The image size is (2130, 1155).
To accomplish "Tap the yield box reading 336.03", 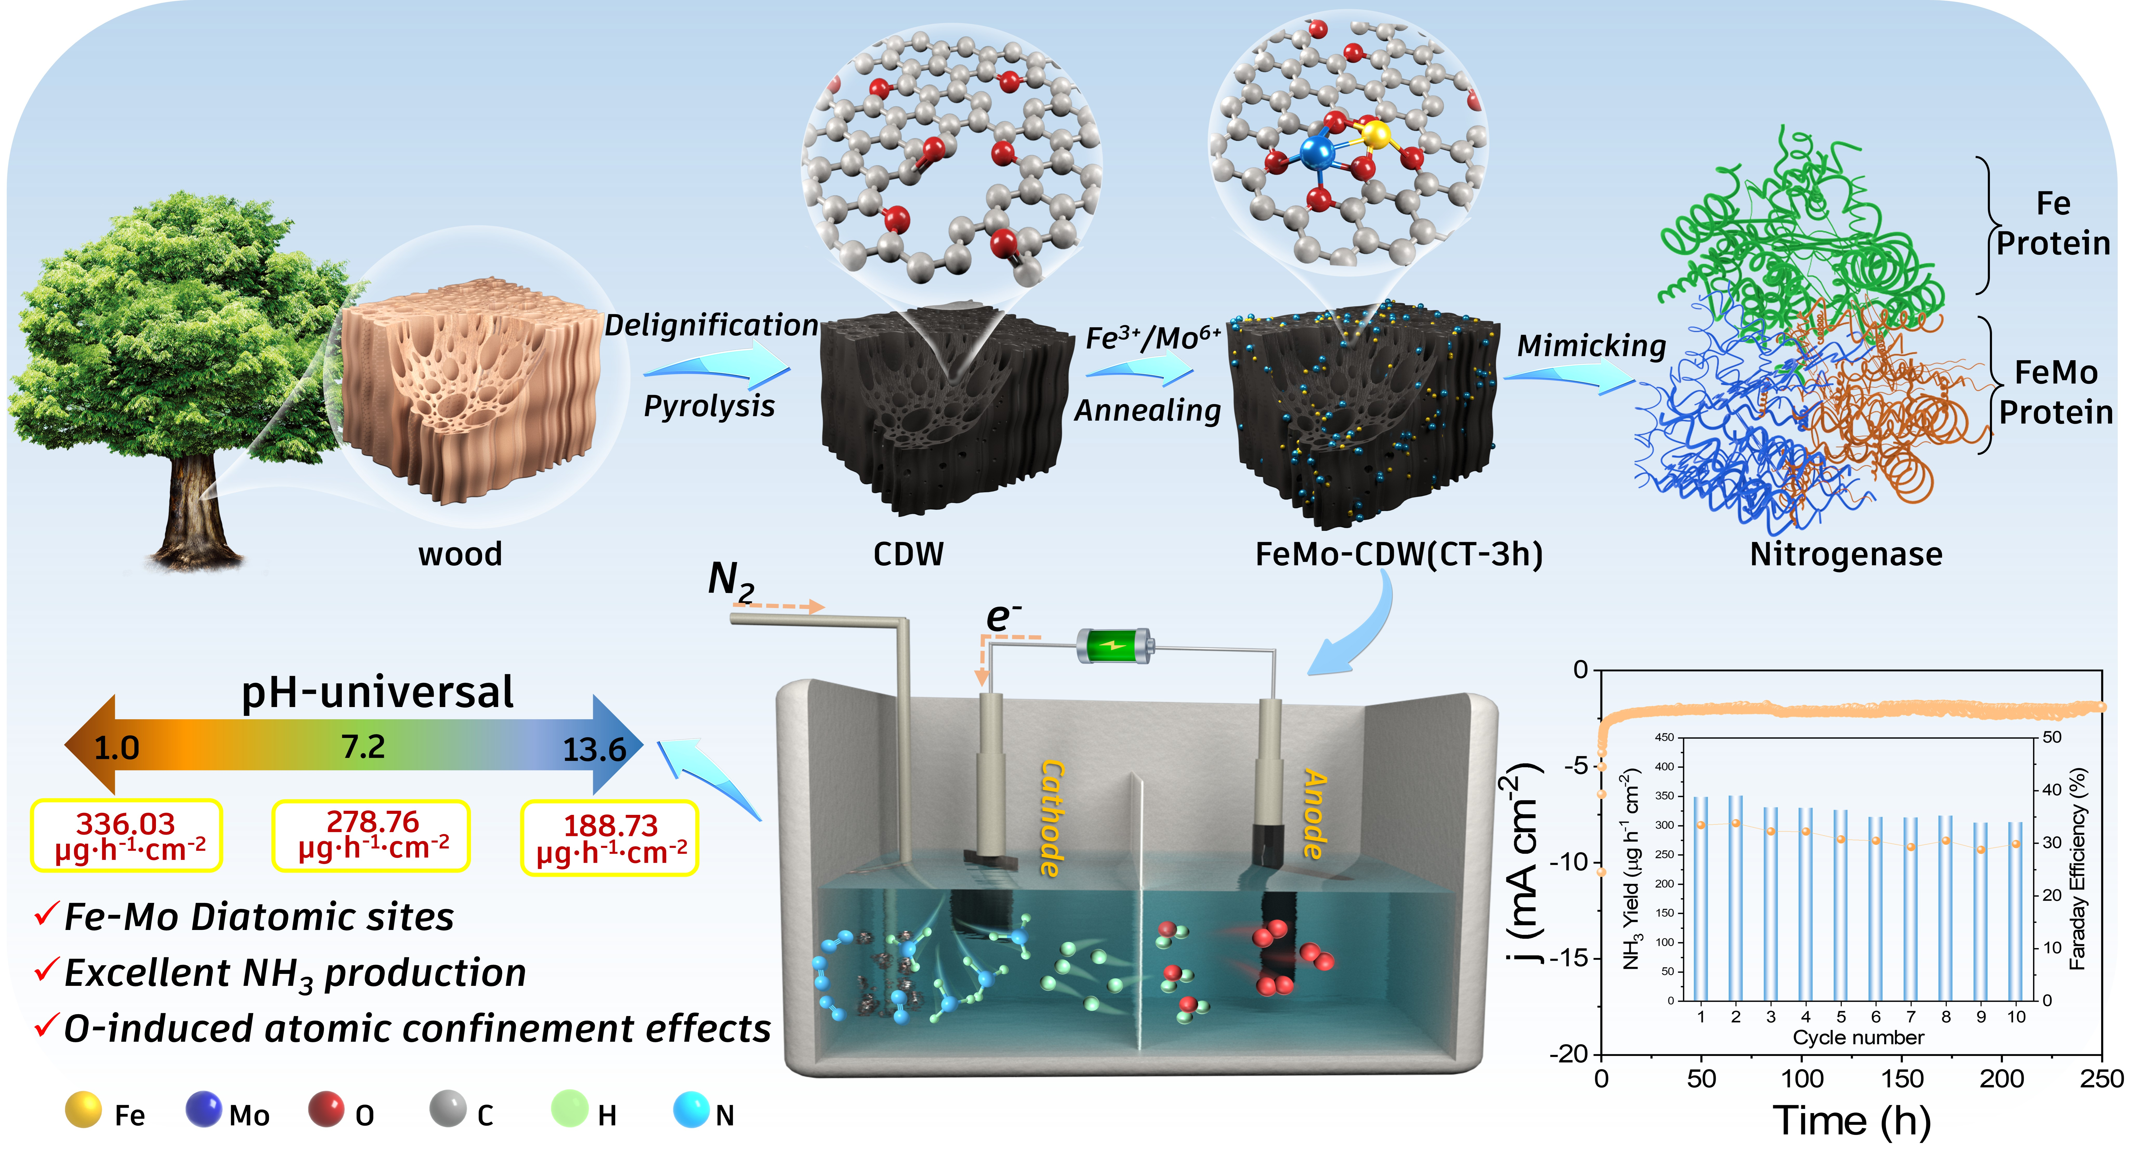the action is pyautogui.click(x=127, y=835).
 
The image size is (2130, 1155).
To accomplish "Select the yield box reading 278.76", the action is pyautogui.click(x=371, y=835).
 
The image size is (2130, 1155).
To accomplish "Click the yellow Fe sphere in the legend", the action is pyautogui.click(x=83, y=1110).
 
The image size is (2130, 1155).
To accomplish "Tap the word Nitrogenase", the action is pyautogui.click(x=1846, y=554).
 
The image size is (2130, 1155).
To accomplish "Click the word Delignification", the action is pyautogui.click(x=711, y=325).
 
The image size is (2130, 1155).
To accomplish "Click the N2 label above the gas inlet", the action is pyautogui.click(x=731, y=580).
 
